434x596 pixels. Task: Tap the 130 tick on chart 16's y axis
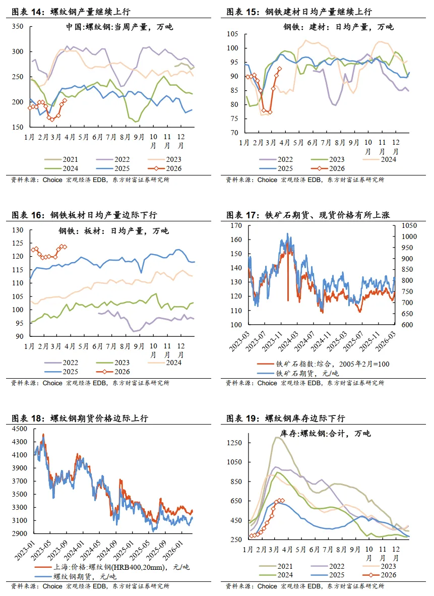point(19,230)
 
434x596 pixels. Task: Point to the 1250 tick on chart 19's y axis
point(234,443)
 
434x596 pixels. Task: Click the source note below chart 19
point(305,586)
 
